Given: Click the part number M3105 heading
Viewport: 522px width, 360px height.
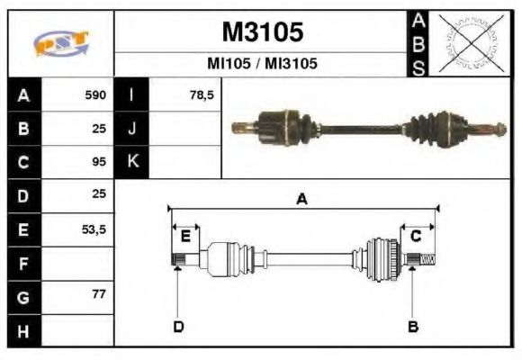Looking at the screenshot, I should point(262,32).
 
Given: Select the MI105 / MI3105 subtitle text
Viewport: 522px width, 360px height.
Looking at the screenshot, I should point(262,64).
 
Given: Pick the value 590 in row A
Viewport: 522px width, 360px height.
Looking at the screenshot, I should point(95,94).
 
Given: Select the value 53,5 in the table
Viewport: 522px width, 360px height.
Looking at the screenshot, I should point(94,229).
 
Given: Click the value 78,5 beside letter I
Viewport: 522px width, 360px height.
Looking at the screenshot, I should point(202,94).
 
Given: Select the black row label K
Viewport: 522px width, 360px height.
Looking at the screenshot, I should point(131,162).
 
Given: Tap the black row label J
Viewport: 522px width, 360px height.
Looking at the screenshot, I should point(131,128).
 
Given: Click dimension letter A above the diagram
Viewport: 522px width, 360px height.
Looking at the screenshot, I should point(301,200).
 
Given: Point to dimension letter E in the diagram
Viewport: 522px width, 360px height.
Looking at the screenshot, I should point(185,236).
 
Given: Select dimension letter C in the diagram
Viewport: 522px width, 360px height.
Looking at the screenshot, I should point(416,236).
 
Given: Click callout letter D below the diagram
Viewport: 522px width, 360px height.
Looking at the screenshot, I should point(177,327).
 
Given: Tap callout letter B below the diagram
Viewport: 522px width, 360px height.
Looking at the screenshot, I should point(413,327).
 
